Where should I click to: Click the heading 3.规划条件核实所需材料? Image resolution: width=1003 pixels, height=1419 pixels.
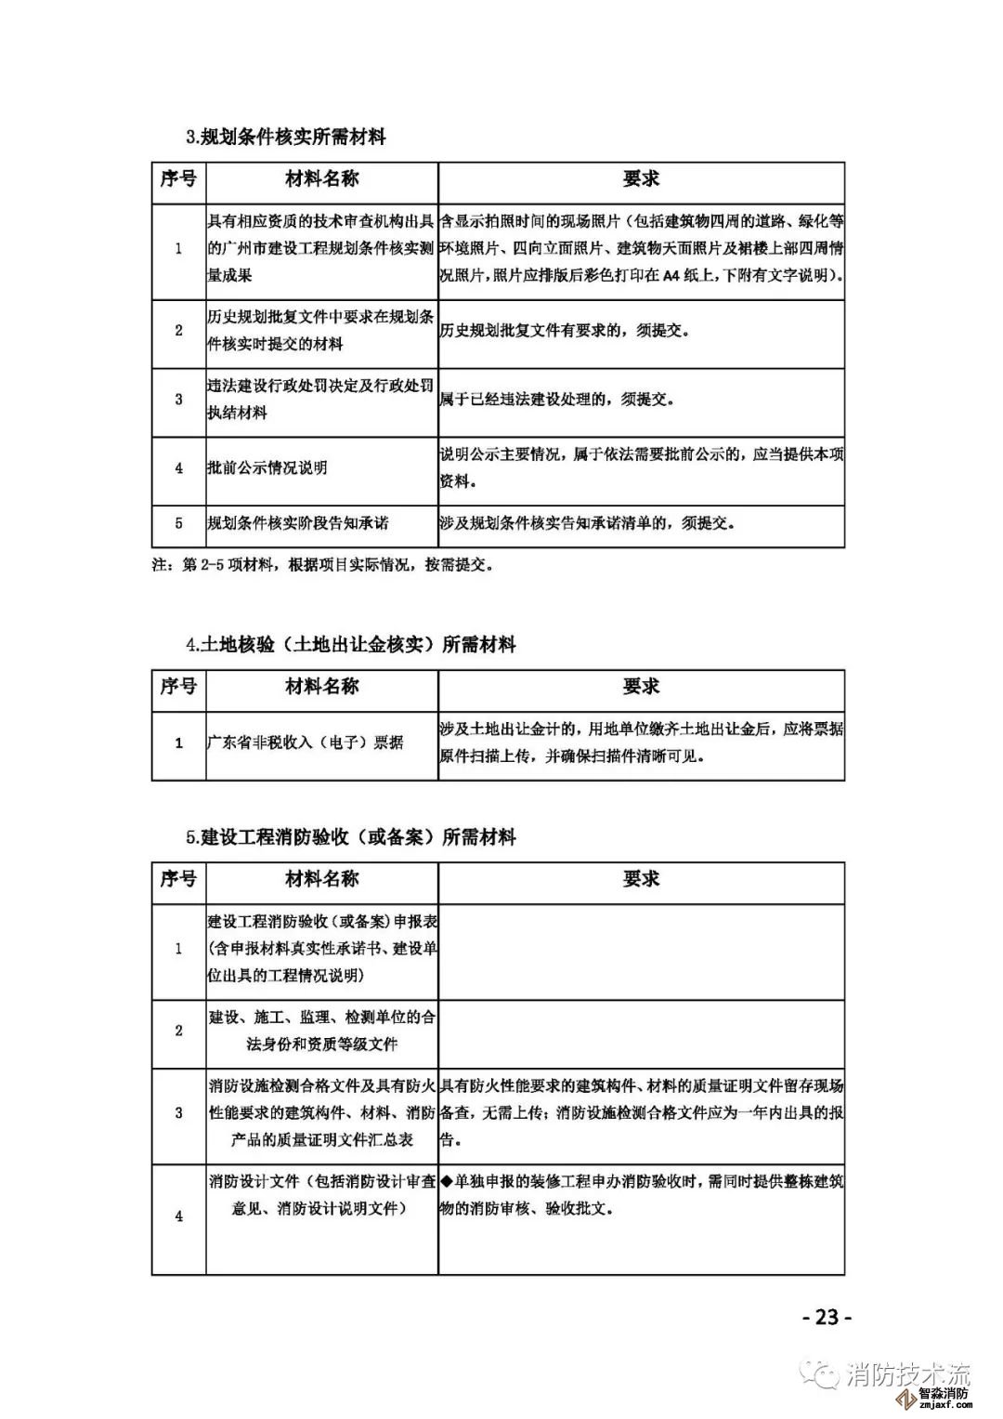pos(285,138)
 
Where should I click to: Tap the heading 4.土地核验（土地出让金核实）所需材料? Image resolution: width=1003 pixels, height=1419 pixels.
pos(350,645)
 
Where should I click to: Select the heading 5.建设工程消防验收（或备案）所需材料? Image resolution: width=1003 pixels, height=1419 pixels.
pos(350,837)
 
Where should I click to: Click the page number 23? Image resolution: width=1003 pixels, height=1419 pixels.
pos(826,1317)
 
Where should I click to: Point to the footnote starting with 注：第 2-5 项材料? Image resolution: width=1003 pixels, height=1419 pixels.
pos(322,565)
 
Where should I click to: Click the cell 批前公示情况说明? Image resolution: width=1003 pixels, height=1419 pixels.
pos(267,468)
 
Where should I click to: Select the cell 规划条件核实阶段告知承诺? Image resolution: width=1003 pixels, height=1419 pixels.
pos(297,523)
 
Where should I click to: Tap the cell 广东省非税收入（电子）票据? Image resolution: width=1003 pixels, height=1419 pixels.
pos(306,742)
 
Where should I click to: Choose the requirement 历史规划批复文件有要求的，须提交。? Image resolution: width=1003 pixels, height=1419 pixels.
pos(566,331)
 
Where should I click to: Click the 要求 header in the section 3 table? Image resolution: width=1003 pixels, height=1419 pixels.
pos(641,179)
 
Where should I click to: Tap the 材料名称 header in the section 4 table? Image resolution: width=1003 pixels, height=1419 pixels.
pos(321,688)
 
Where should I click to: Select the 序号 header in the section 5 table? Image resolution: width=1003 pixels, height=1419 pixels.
pos(178,879)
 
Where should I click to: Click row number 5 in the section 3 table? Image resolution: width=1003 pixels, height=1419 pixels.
pos(179,523)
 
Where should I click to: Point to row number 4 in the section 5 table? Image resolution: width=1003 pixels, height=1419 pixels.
pos(179,1215)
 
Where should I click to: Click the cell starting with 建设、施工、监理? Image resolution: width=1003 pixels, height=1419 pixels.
pos(321,1031)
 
